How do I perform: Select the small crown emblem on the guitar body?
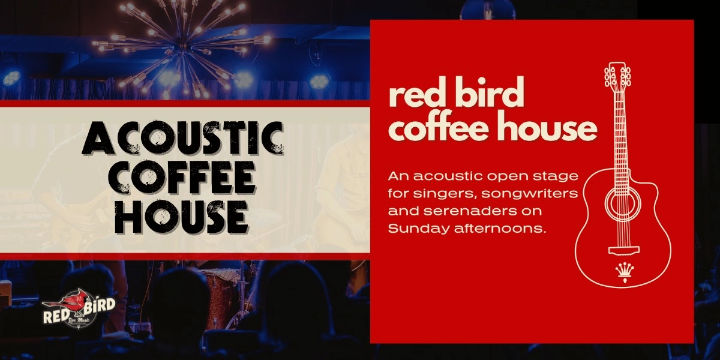click(621, 271)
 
